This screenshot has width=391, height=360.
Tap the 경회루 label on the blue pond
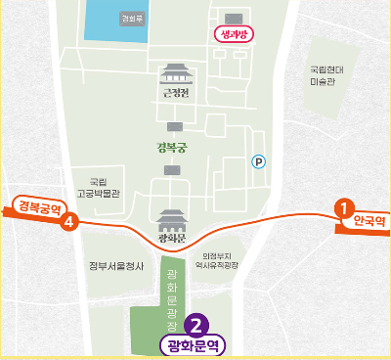tap(131, 19)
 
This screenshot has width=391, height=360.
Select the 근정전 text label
tap(174, 94)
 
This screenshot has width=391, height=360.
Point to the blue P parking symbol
tap(258, 162)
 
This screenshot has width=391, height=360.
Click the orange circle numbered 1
tap(343, 207)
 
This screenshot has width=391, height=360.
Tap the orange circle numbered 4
tap(68, 222)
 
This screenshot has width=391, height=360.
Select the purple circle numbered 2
tap(195, 325)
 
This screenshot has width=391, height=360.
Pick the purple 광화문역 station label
tap(192, 345)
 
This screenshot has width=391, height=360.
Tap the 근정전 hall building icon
tap(174, 73)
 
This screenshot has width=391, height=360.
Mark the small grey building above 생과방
tap(233, 18)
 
